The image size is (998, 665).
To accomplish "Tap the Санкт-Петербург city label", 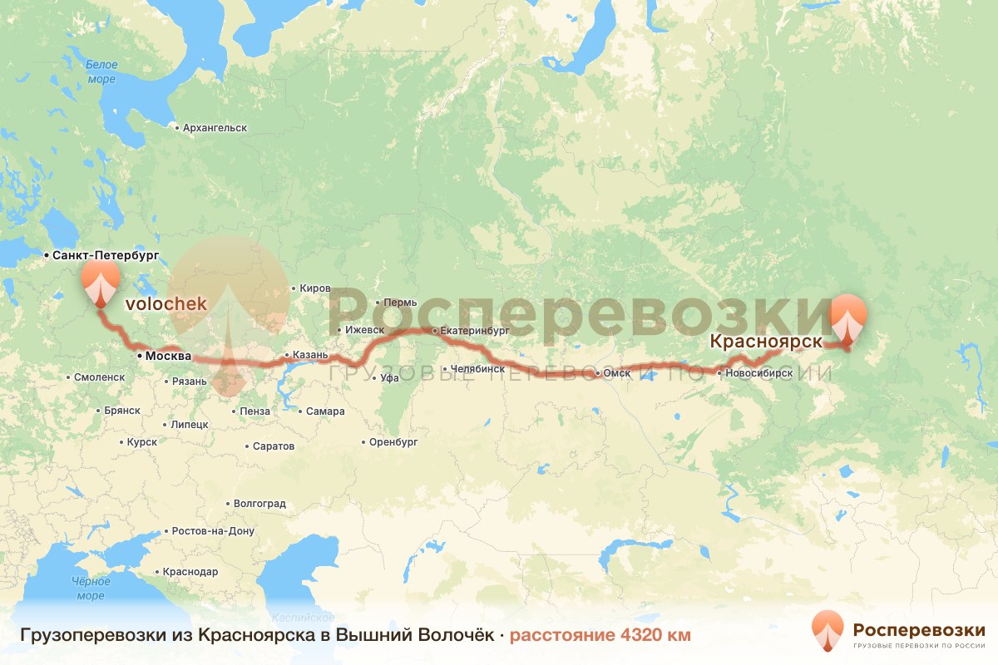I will pos(105,255).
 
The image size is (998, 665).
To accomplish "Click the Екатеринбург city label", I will pos(475,330).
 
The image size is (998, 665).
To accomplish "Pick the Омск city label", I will pos(615,373).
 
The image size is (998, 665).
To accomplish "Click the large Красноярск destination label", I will pos(766,341).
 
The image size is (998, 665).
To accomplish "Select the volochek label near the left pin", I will pos(166,304).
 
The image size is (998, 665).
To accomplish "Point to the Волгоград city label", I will pos(259,504).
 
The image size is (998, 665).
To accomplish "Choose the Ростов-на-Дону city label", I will pos(212,531).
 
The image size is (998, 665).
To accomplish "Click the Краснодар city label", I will pos(190,572).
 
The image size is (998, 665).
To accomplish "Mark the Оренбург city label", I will pos(393,442).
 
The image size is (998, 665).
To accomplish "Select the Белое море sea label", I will pos(101,71).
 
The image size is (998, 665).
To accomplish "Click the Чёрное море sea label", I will pos(90,589).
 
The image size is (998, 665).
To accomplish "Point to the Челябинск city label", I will pos(477,368).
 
